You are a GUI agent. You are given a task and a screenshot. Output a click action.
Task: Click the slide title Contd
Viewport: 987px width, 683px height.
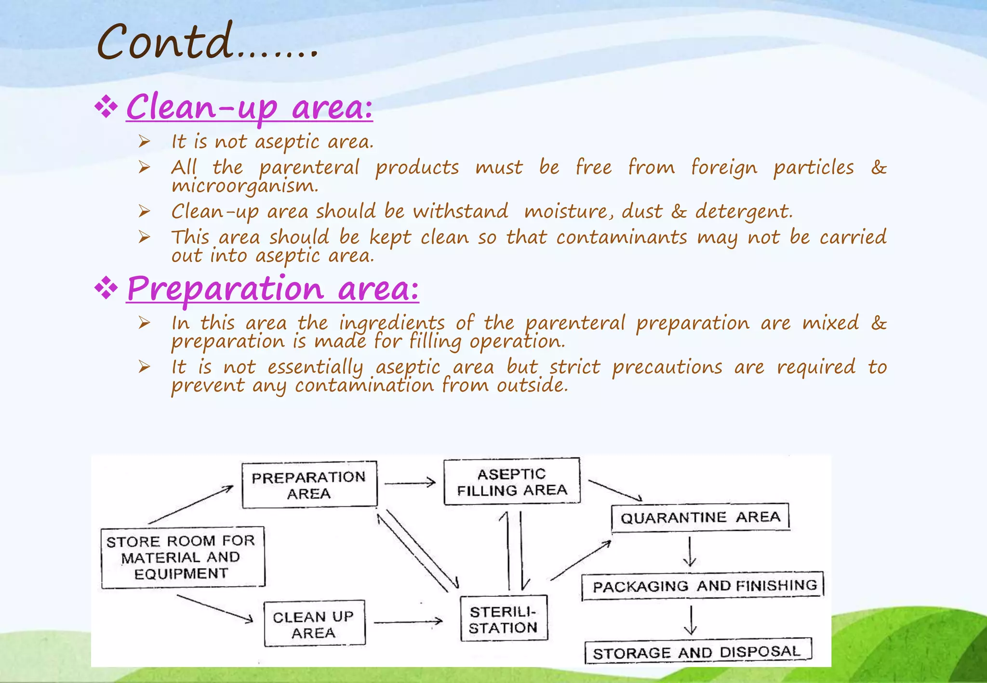[207, 42]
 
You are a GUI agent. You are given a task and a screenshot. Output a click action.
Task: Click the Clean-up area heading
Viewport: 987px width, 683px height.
[249, 107]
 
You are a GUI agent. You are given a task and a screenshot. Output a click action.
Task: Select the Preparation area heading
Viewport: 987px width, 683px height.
[272, 289]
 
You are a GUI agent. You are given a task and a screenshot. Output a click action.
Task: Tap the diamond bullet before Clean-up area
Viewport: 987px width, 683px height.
[106, 107]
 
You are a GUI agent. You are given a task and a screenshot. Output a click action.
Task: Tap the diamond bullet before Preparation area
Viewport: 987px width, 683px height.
[106, 289]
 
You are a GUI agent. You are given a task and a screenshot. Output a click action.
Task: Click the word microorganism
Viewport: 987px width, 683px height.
[245, 186]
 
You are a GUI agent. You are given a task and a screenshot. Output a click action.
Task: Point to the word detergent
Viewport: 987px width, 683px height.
[743, 211]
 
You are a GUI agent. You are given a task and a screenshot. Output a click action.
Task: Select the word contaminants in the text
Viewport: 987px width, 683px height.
[622, 237]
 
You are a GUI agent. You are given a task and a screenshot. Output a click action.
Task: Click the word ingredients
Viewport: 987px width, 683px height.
[391, 323]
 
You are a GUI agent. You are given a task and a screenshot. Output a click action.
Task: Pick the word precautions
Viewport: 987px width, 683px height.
[667, 367]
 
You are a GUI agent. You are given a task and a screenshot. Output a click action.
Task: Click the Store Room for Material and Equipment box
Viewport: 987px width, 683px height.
[182, 557]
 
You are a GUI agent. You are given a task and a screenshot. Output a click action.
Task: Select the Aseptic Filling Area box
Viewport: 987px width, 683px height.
[511, 482]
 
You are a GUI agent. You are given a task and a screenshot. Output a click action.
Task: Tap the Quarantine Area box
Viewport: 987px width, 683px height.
[700, 518]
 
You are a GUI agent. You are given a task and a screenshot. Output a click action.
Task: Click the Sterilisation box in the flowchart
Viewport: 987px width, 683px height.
[504, 620]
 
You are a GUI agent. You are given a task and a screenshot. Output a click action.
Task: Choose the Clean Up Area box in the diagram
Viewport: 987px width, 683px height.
[314, 624]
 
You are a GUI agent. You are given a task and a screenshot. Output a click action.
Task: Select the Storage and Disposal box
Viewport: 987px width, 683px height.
[697, 652]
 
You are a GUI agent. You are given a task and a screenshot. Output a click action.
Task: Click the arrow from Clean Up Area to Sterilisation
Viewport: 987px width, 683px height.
[408, 622]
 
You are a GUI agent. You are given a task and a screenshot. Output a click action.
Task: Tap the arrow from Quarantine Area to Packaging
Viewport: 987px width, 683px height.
[690, 552]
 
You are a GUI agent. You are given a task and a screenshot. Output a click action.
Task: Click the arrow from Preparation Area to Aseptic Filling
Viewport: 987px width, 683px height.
[410, 482]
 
